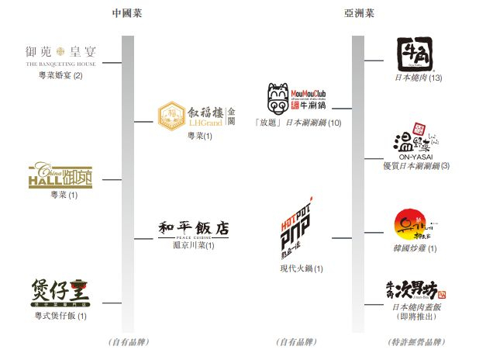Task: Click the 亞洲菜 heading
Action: pyautogui.click(x=359, y=14)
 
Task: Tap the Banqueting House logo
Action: pyautogui.click(x=60, y=56)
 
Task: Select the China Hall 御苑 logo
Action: pyautogui.click(x=63, y=175)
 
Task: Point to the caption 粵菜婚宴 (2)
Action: pyautogui.click(x=60, y=75)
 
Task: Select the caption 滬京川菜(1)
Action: pyautogui.click(x=193, y=245)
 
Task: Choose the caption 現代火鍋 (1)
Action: pyautogui.click(x=301, y=268)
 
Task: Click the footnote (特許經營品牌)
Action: pyautogui.click(x=415, y=341)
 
